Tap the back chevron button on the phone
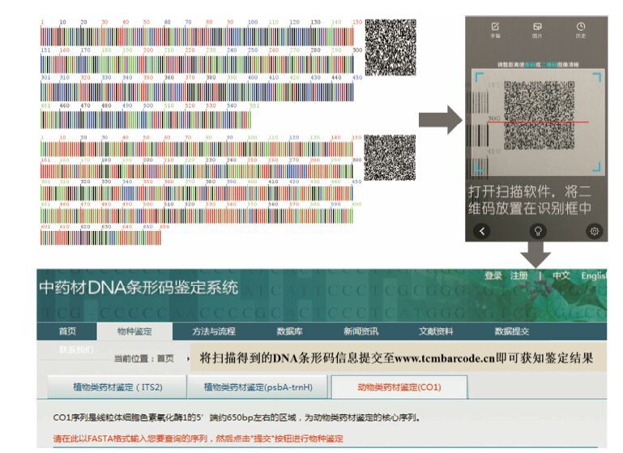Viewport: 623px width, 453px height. (x=483, y=231)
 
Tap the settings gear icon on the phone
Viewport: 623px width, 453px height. (x=595, y=231)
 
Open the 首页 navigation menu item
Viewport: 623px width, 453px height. (x=67, y=331)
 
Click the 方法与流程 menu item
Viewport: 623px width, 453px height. (x=213, y=331)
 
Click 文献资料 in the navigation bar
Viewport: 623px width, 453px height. (x=436, y=331)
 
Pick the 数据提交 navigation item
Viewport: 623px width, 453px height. (x=512, y=331)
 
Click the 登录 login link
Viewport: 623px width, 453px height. (x=493, y=276)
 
